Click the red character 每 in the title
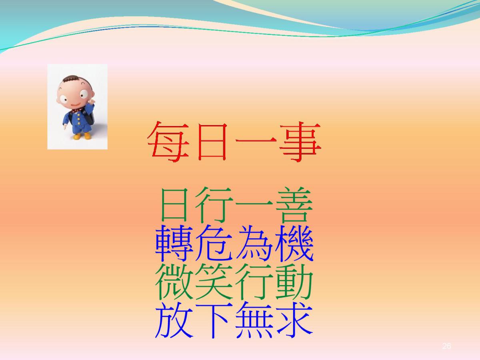point(168,142)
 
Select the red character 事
point(300,142)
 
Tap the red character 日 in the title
point(212,142)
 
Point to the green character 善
point(294,205)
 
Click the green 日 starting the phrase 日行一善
point(174,205)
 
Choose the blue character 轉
point(174,243)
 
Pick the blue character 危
point(214,243)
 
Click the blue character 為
point(254,243)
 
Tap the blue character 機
point(294,243)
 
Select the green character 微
point(174,282)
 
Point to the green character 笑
point(214,282)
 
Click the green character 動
point(294,282)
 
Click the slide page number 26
point(446,346)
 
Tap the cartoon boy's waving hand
point(92,102)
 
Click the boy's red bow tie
point(76,111)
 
